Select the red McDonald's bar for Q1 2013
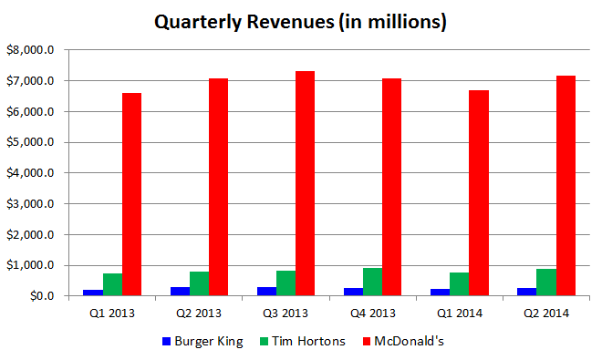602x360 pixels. pyautogui.click(x=131, y=194)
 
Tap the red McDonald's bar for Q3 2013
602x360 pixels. pyautogui.click(x=305, y=183)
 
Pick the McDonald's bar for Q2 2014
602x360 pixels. pyautogui.click(x=565, y=186)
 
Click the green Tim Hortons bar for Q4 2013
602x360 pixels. pyautogui.click(x=372, y=282)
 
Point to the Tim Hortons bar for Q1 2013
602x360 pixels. pyautogui.click(x=112, y=284)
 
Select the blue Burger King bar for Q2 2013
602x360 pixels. pyautogui.click(x=180, y=292)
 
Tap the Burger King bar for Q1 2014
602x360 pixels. pyautogui.click(x=440, y=293)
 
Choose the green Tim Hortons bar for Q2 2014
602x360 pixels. pyautogui.click(x=545, y=283)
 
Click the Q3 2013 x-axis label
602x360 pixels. pyautogui.click(x=285, y=314)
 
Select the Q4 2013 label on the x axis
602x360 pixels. pyautogui.click(x=372, y=314)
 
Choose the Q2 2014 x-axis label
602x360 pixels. pyautogui.click(x=545, y=314)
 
